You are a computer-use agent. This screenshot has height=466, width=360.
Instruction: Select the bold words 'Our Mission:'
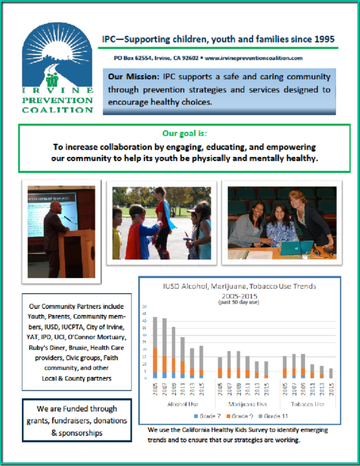(132, 77)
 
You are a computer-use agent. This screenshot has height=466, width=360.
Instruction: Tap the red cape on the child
(134, 238)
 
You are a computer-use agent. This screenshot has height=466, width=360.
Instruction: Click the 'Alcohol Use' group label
(178, 404)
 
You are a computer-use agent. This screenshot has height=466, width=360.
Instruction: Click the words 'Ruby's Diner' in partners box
(47, 347)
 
